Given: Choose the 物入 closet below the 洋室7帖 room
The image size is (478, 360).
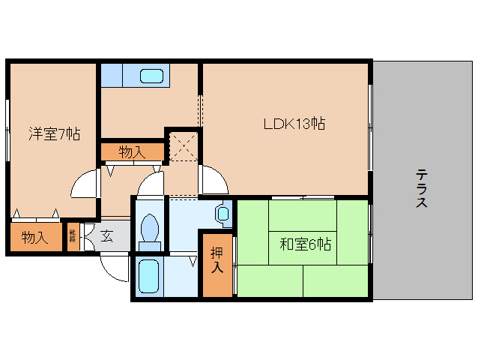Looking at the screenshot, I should click(34, 238).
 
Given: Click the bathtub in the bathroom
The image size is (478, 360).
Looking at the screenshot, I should click(148, 275).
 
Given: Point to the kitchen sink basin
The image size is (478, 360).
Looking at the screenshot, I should click(152, 76).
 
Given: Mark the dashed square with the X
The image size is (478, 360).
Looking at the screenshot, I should click(183, 145).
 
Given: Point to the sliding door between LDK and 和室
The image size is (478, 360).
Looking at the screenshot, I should click(303, 198).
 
